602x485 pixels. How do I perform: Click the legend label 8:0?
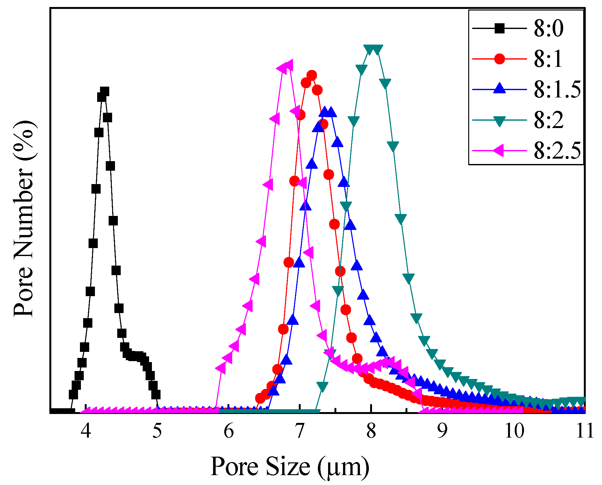pyautogui.click(x=548, y=29)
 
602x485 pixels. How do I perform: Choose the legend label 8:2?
pyautogui.click(x=548, y=120)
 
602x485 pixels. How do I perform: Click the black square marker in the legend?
pyautogui.click(x=499, y=29)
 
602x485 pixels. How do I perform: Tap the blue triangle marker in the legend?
pyautogui.click(x=499, y=88)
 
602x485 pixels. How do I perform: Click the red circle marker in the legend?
pyautogui.click(x=499, y=59)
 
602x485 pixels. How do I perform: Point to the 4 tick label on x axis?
pyautogui.click(x=86, y=432)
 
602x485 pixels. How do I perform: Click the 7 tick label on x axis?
pyautogui.click(x=300, y=432)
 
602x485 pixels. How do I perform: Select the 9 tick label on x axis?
pyautogui.click(x=442, y=432)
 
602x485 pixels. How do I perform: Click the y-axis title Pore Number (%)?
pyautogui.click(x=24, y=219)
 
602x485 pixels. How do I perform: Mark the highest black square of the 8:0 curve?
pyautogui.click(x=104, y=92)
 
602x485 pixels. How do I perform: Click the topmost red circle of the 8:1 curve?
pyautogui.click(x=312, y=75)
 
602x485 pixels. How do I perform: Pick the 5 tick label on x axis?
pyautogui.click(x=157, y=432)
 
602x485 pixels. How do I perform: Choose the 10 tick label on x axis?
pyautogui.click(x=514, y=432)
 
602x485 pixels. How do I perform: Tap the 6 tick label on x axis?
pyautogui.click(x=229, y=432)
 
